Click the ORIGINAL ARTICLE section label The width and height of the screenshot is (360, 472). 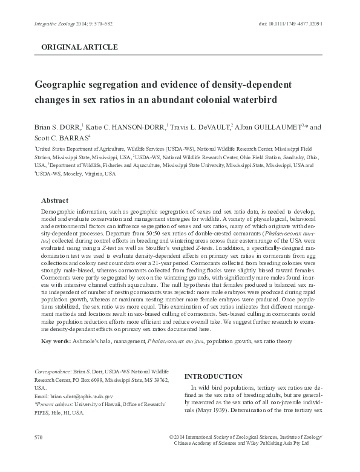pyautogui.click(x=79, y=47)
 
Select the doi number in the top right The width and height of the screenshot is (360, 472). pyautogui.click(x=286, y=22)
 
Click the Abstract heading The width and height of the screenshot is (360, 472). pyautogui.click(x=54, y=200)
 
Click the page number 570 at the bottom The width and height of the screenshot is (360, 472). pyautogui.click(x=39, y=437)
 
